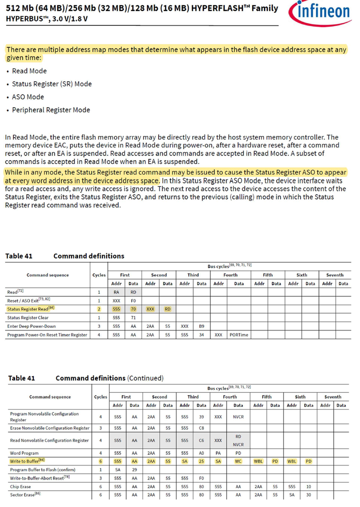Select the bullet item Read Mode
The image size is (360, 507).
click(29, 71)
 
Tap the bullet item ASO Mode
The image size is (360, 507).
click(28, 97)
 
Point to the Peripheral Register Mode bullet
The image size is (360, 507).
click(51, 110)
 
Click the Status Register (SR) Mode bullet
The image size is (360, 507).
click(52, 84)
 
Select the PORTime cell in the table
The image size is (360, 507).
click(239, 335)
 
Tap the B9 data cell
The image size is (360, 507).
click(202, 326)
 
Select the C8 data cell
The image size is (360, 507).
click(202, 428)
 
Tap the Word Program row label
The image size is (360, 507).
click(24, 453)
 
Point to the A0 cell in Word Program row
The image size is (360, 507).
click(202, 453)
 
